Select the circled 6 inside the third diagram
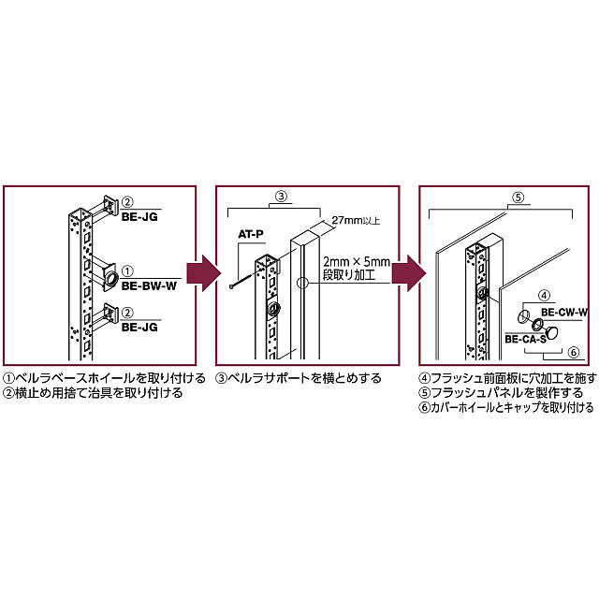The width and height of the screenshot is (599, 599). click(574, 353)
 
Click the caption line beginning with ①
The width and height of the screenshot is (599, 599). click(104, 379)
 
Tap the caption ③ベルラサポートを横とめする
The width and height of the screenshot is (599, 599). click(299, 379)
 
